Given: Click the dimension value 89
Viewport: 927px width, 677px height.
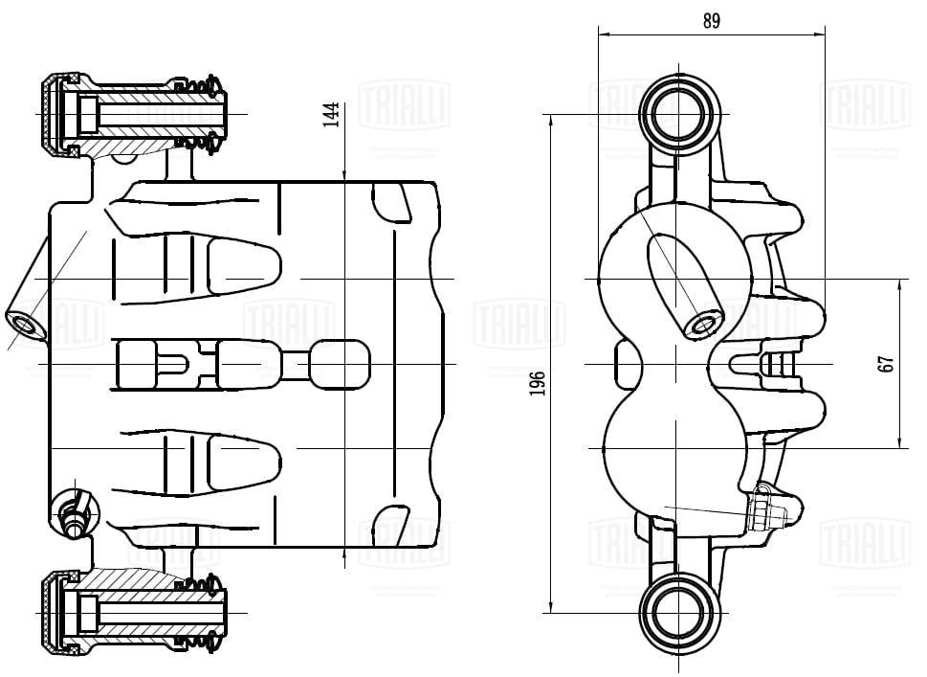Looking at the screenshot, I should click(711, 20).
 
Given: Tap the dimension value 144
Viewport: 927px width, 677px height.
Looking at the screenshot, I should click(330, 114).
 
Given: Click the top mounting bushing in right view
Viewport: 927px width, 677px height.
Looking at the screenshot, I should click(678, 110).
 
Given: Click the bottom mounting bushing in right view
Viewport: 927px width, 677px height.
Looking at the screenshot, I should click(678, 610).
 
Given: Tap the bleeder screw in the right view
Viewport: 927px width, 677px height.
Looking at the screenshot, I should click(771, 508).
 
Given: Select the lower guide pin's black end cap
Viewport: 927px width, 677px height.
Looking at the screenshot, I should click(50, 611).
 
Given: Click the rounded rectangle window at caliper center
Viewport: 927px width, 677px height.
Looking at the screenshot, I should click(340, 364).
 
